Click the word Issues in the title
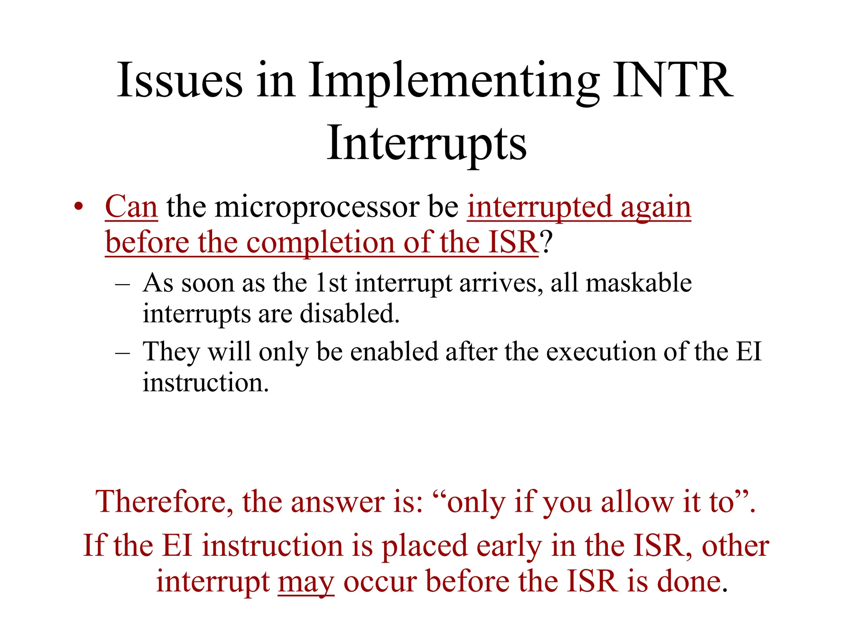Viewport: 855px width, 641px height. click(180, 80)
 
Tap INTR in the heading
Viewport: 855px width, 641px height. click(672, 80)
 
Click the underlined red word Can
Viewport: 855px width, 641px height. click(131, 207)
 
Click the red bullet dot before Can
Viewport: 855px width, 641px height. click(78, 207)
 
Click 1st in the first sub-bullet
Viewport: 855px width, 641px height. click(331, 283)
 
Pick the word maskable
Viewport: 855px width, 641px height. click(639, 283)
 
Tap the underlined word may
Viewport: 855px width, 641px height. click(306, 583)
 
